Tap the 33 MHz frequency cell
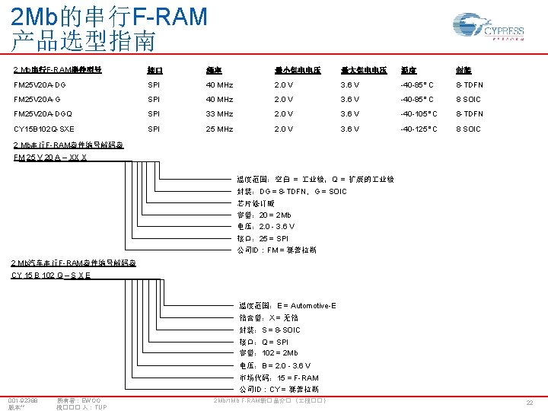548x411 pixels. click(x=223, y=114)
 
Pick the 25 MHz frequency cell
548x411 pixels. click(x=223, y=129)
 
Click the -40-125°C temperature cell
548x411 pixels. click(x=420, y=129)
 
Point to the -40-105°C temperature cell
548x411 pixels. click(x=420, y=114)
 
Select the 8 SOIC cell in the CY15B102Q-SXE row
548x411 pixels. click(x=468, y=129)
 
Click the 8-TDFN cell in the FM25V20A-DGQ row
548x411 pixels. click(x=470, y=114)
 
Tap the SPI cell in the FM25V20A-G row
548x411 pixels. click(x=154, y=99)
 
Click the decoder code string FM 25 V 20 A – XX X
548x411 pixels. click(x=50, y=158)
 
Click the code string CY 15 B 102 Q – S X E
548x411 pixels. click(x=51, y=275)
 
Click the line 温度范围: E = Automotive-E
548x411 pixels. click(x=287, y=305)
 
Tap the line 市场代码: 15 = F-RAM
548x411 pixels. click(x=279, y=378)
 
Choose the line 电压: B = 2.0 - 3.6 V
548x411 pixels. click(x=275, y=365)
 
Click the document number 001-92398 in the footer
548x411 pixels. click(x=24, y=400)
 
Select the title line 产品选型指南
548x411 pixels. click(x=84, y=40)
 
